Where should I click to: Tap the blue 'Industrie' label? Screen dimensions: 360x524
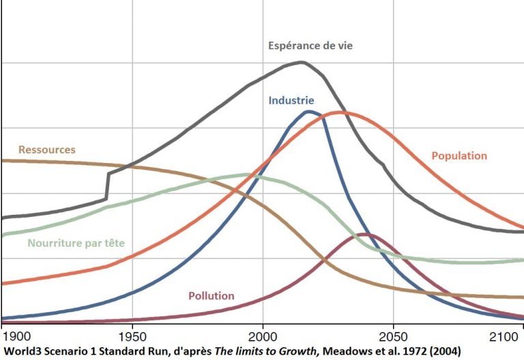coord(291,100)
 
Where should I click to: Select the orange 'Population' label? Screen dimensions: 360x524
coord(459,155)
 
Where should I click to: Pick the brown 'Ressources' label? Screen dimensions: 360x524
coord(47,150)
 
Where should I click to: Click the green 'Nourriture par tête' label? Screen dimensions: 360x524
coord(76,243)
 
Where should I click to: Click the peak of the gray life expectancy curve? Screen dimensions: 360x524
coord(301,62)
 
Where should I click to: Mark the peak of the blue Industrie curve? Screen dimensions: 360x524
coord(310,111)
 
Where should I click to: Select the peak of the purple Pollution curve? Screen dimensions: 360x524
coord(368,235)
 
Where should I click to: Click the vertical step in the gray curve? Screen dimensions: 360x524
coord(107,185)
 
